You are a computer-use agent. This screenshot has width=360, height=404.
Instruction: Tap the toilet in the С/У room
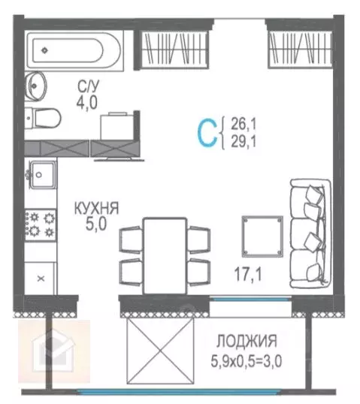click(x=43, y=117)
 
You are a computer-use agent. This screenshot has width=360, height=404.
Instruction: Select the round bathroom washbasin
click(x=35, y=85)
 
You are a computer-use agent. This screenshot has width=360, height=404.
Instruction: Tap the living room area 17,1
click(x=246, y=276)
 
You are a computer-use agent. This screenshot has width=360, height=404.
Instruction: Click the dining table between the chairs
click(x=165, y=252)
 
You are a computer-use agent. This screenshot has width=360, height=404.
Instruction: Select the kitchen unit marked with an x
click(x=42, y=278)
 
